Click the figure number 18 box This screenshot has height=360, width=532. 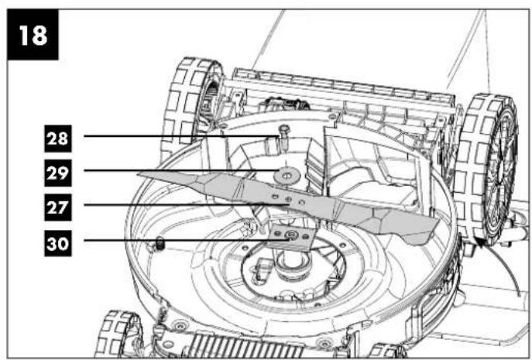click(33, 35)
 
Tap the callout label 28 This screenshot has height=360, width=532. click(58, 139)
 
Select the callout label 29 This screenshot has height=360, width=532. click(58, 173)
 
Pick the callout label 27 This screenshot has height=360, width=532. click(58, 207)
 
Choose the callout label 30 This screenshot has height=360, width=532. click(58, 243)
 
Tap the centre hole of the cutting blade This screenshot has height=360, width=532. click(289, 199)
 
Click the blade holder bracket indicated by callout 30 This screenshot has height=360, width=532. click(292, 237)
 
